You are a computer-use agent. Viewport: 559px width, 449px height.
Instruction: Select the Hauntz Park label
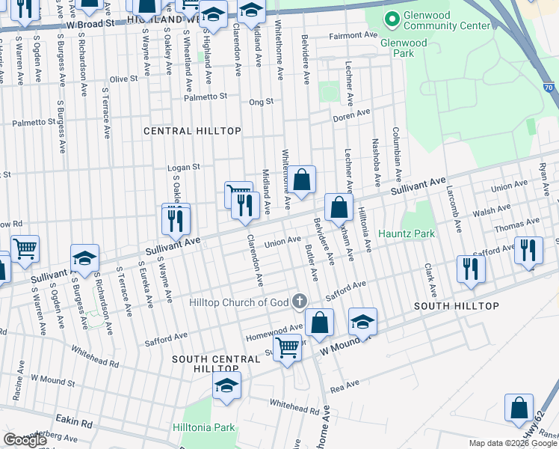406,234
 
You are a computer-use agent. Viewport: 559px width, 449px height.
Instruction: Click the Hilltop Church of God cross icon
299,302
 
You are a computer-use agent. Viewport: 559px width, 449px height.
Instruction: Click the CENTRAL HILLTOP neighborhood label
193,131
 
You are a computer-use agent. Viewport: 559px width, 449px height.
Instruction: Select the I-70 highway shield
549,88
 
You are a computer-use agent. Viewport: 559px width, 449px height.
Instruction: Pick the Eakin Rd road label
76,424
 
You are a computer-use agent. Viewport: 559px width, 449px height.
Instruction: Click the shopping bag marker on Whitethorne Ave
301,180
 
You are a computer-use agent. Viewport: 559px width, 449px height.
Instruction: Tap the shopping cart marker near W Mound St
288,347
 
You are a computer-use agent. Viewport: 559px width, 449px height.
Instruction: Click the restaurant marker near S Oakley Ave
176,219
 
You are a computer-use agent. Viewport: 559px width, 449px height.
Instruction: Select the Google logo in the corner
24,440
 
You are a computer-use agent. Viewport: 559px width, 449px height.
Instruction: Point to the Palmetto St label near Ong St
206,97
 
